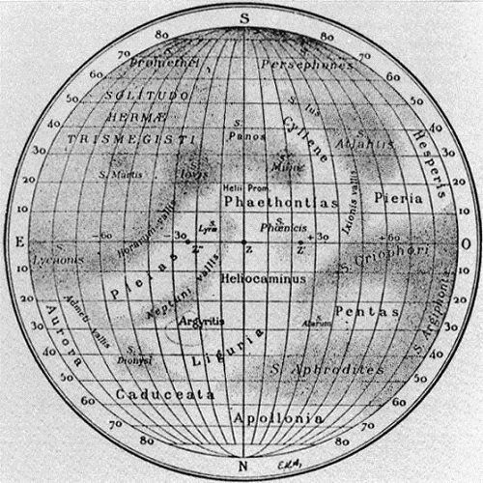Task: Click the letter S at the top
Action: (245, 16)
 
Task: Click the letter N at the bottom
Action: (244, 468)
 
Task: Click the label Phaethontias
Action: (280, 202)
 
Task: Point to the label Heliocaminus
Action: (263, 278)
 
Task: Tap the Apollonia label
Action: (273, 420)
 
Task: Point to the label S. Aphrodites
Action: (327, 369)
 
